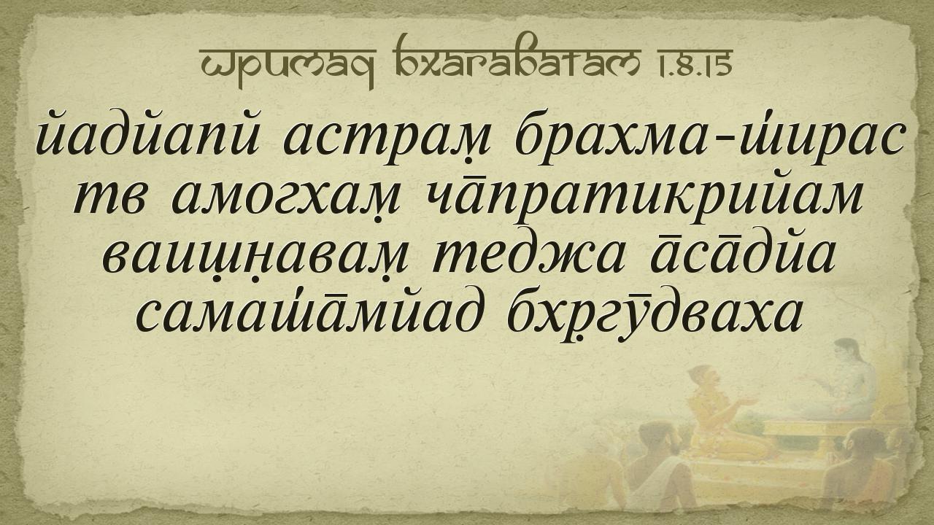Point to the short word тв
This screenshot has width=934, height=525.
click(109, 198)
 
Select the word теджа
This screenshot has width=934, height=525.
click(529, 255)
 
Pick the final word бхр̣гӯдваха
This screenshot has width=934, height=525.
click(653, 317)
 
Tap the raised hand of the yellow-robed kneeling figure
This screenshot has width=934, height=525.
click(748, 401)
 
